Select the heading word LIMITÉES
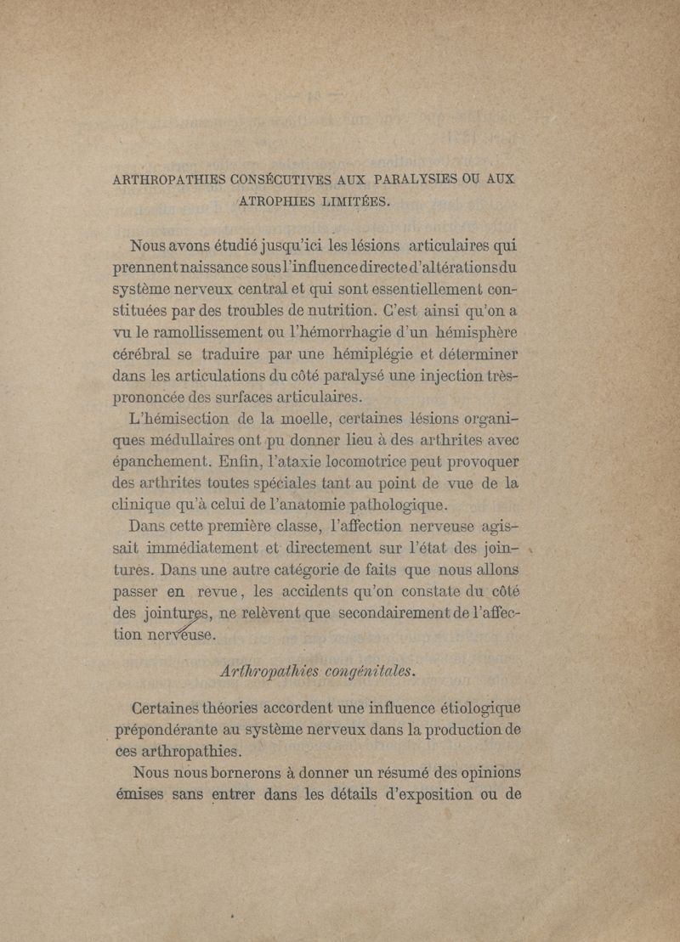click(x=349, y=201)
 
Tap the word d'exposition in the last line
click(x=419, y=796)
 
